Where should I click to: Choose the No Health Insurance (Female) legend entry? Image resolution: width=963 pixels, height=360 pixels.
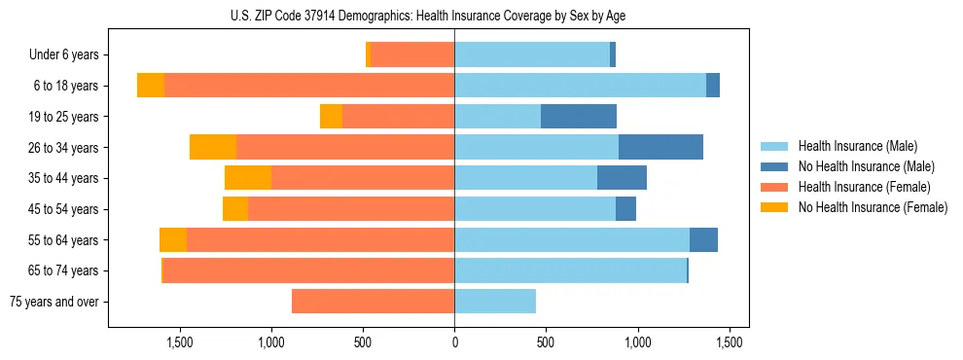click(872, 207)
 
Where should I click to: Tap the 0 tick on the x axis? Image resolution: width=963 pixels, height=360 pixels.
click(454, 342)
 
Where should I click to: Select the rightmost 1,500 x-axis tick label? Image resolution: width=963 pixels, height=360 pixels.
click(730, 342)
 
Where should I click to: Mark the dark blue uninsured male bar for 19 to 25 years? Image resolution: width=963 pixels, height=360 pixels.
click(579, 117)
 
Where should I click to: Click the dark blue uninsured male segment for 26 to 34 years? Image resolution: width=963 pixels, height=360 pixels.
click(660, 148)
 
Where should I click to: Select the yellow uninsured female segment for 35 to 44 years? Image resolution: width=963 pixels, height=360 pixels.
click(248, 178)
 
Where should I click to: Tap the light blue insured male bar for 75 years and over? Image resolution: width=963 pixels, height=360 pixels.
click(495, 302)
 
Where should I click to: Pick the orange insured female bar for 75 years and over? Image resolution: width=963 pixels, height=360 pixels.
click(373, 302)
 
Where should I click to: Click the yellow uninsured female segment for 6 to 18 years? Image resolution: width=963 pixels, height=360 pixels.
click(151, 86)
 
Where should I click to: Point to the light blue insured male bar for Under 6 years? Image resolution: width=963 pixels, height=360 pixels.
click(532, 55)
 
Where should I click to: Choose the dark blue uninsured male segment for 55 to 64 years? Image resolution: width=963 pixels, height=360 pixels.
click(703, 240)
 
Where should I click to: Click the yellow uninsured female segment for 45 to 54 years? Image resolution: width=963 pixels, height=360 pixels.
click(235, 209)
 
